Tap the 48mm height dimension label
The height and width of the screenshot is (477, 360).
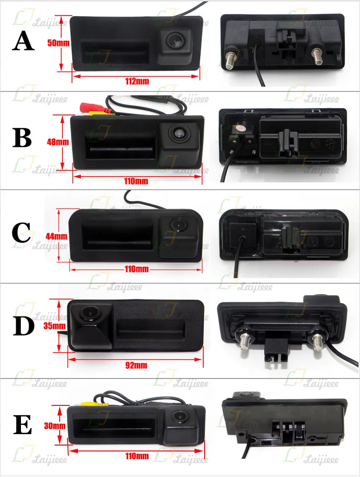[57, 142]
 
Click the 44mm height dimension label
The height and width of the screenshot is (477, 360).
[57, 236]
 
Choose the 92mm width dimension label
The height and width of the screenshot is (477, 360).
[136, 365]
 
